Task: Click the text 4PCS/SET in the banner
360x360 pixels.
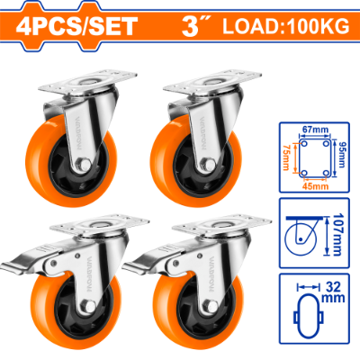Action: click(x=76, y=26)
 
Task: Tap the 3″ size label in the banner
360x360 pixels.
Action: click(x=195, y=26)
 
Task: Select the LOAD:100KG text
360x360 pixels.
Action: click(x=286, y=26)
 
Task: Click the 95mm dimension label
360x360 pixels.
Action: click(x=341, y=155)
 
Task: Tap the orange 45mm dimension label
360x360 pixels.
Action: click(x=315, y=186)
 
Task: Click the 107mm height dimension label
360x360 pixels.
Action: click(x=337, y=235)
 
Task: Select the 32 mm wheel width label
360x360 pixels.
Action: click(x=333, y=292)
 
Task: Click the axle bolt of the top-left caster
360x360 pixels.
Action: click(x=85, y=165)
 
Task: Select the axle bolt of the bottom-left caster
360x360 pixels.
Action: click(x=90, y=306)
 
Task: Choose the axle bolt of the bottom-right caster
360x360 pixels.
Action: click(x=211, y=307)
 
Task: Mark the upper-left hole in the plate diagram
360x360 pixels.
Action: click(x=304, y=144)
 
